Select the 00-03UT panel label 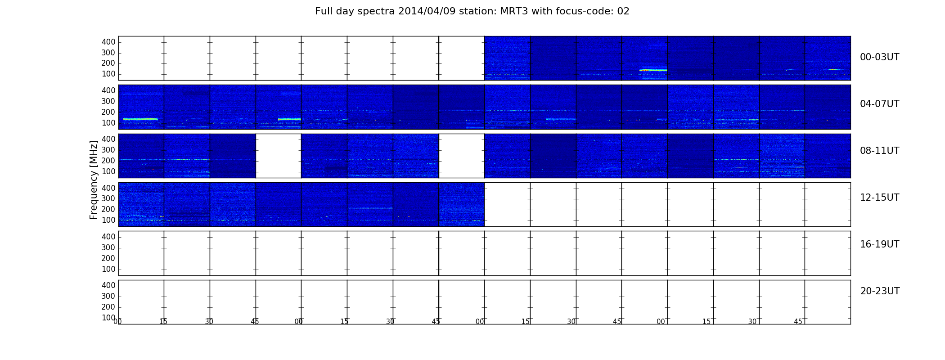tap(879, 57)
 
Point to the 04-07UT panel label tap(879, 104)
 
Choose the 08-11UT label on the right tap(879, 151)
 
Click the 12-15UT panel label tap(879, 198)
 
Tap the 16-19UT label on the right tap(879, 244)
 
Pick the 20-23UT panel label tap(880, 291)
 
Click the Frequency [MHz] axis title tap(94, 180)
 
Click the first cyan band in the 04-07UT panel tap(140, 119)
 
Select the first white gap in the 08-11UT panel tap(279, 156)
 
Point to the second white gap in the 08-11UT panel tap(462, 156)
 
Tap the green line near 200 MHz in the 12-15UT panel tap(370, 208)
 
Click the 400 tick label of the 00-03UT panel tap(108, 42)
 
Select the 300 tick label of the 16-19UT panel tap(108, 247)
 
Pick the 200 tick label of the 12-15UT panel tap(108, 209)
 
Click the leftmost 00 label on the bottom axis tap(117, 322)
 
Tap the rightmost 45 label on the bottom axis tap(798, 322)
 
